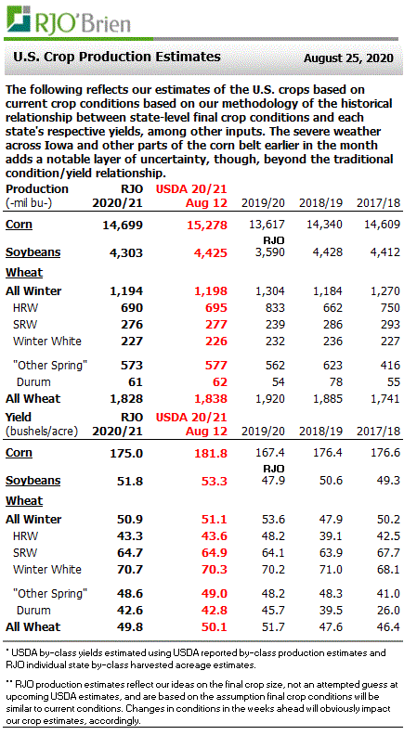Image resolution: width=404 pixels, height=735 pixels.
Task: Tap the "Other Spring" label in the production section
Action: tap(50, 363)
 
